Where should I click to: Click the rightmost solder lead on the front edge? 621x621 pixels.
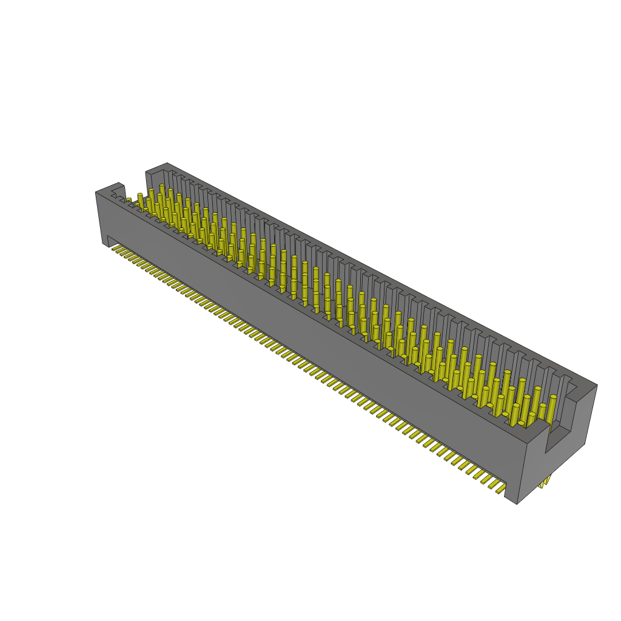[x=501, y=488]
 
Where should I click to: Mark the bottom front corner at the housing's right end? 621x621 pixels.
[x=517, y=503]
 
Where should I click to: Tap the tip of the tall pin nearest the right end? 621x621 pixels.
[x=552, y=398]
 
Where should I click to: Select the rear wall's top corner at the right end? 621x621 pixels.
[x=597, y=385]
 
